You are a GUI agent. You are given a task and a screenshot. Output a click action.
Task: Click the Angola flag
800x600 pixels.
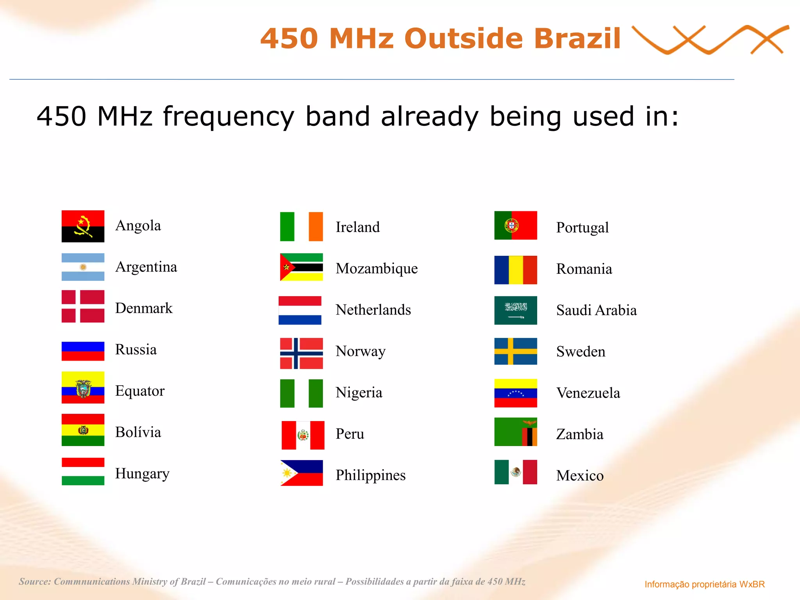(x=83, y=226)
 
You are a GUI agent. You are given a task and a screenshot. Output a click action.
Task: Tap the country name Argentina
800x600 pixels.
(x=146, y=267)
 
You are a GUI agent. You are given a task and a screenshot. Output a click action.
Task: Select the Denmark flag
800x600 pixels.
(x=83, y=306)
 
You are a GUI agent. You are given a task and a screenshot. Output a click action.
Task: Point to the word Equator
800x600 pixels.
(x=140, y=391)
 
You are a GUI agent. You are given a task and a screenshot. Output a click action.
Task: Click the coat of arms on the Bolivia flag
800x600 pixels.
(x=83, y=430)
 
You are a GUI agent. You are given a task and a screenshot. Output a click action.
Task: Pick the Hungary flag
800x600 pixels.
(x=83, y=471)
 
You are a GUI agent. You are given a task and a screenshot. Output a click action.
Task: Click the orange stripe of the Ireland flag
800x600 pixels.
(x=316, y=227)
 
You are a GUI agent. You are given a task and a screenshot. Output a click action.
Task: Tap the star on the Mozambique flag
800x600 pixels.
(x=286, y=267)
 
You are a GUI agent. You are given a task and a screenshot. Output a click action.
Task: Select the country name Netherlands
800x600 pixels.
(x=373, y=310)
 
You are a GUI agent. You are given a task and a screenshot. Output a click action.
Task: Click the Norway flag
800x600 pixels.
(x=301, y=353)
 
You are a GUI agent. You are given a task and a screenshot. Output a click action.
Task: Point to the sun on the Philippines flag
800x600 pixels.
(x=287, y=473)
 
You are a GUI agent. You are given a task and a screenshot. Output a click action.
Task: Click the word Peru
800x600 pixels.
(x=350, y=434)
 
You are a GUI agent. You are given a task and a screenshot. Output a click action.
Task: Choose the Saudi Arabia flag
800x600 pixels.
(x=516, y=310)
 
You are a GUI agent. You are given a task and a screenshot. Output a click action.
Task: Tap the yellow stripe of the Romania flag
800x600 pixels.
(x=516, y=270)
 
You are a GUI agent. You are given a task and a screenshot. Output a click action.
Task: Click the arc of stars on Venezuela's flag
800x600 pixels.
(x=516, y=393)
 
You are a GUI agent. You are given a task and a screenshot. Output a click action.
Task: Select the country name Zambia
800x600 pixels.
(x=580, y=434)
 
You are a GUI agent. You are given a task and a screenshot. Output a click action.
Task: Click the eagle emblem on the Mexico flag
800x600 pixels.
(x=516, y=472)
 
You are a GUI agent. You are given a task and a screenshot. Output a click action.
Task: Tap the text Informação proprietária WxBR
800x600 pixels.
(x=704, y=584)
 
